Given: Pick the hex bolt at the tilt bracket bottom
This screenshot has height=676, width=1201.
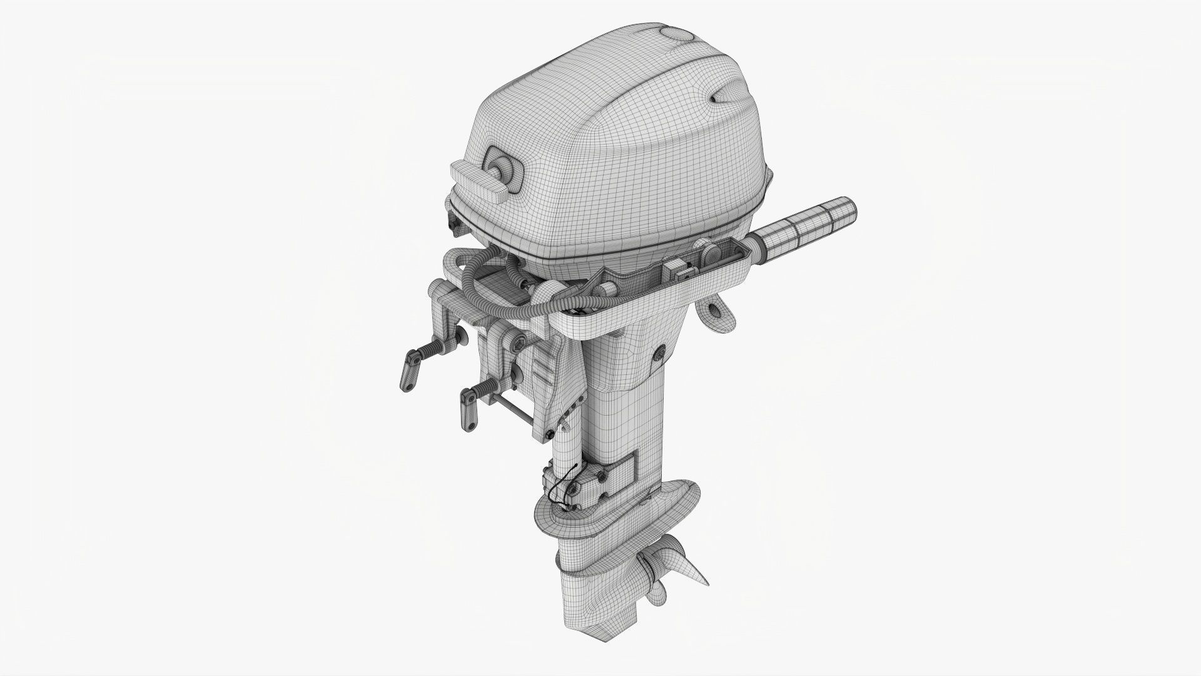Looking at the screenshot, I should coord(549,434).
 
